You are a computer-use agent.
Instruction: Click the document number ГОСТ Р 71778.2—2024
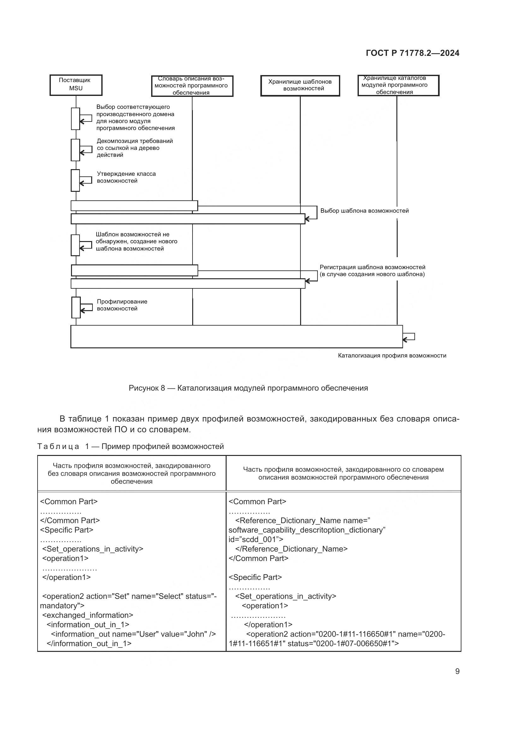tap(412, 53)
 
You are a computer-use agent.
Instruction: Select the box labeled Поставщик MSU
tap(76, 85)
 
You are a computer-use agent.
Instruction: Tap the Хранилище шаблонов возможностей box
tap(300, 86)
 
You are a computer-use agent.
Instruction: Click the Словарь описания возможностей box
tap(192, 86)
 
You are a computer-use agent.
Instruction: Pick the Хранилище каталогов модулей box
tap(398, 85)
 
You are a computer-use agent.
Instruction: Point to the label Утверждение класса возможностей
tap(126, 177)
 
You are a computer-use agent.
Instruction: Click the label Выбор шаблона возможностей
tap(364, 211)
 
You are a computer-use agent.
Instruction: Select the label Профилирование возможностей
tap(122, 305)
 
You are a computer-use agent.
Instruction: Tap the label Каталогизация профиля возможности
tap(392, 356)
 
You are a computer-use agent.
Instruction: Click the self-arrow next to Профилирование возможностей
tap(86, 308)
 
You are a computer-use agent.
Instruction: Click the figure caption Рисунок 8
tap(248, 388)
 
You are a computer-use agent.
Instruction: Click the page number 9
tap(457, 671)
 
